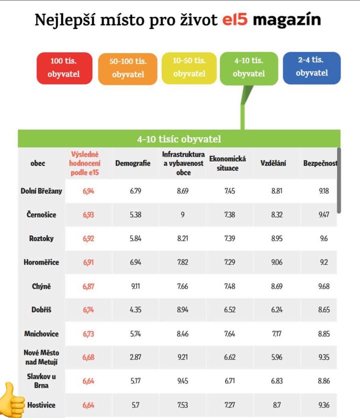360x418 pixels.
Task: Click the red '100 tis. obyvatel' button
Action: (64, 68)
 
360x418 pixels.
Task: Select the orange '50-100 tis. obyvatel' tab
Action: (128, 68)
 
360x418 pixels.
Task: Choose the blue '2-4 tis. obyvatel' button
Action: (311, 67)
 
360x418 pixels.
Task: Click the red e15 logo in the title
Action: (234, 20)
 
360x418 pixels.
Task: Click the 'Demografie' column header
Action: (132, 163)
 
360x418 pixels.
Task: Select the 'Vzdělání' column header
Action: (273, 163)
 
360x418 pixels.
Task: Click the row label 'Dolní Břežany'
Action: (41, 191)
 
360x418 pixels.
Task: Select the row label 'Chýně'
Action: (41, 286)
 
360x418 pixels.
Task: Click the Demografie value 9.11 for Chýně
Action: (135, 286)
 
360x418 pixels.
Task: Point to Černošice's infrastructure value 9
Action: (183, 215)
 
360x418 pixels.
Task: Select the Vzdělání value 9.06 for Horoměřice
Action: (276, 262)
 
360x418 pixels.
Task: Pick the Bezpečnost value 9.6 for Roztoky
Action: (323, 239)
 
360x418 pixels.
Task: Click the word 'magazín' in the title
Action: (286, 20)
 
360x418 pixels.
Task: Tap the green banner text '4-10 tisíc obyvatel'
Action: (179, 139)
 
